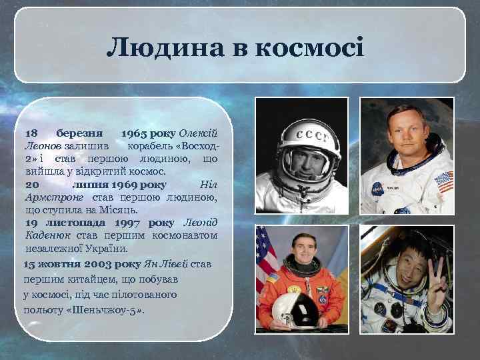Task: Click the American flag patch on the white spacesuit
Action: [x=443, y=180]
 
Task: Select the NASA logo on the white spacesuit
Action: [x=377, y=187]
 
